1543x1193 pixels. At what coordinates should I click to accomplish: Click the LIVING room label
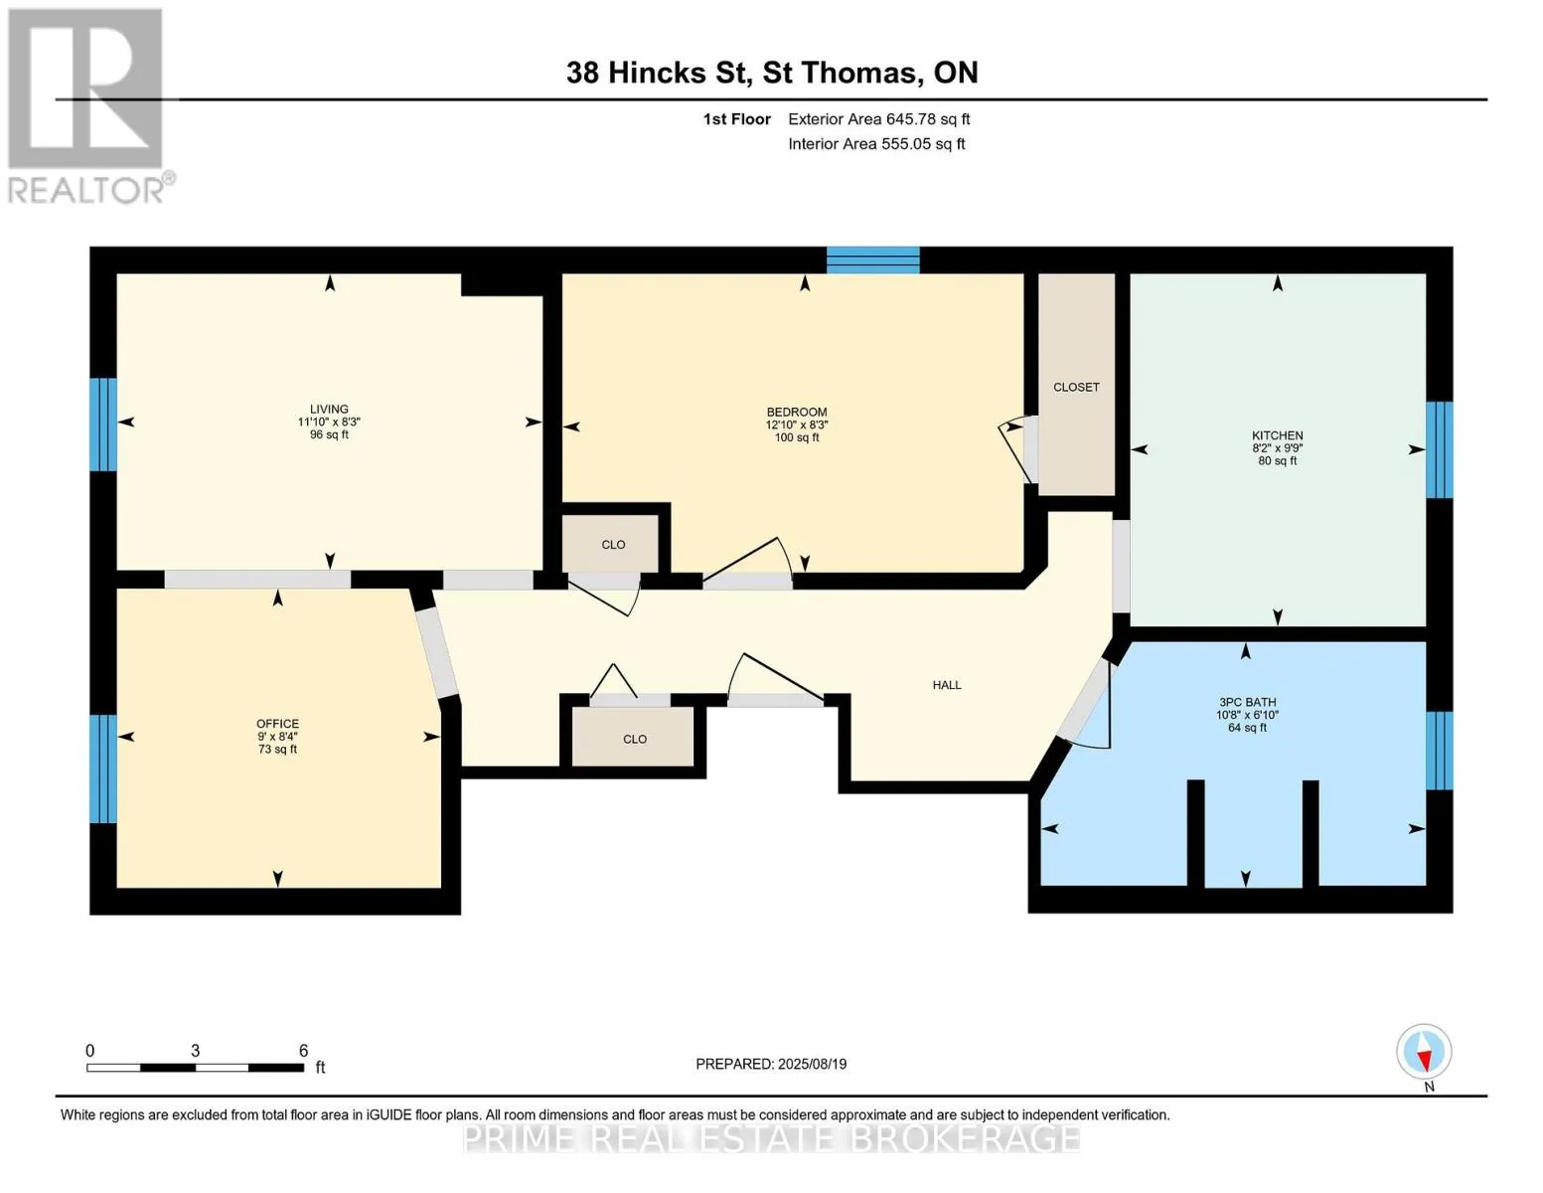click(329, 410)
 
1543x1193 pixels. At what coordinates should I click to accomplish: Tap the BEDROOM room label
click(797, 413)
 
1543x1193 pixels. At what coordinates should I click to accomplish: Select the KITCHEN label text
click(1278, 435)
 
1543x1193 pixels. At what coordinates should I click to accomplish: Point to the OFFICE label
click(277, 724)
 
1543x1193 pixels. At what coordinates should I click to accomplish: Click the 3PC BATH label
click(1248, 702)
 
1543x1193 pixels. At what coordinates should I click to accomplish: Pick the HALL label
click(947, 685)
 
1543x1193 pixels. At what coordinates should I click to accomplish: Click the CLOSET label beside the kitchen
click(1076, 388)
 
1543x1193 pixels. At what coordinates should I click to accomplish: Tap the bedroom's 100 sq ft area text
click(797, 437)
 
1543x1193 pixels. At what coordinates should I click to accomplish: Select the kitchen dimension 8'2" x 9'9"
click(1278, 448)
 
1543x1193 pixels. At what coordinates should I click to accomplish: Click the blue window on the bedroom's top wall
click(873, 260)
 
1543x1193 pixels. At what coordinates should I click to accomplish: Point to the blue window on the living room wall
click(103, 425)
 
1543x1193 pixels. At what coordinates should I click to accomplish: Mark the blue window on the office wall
click(103, 768)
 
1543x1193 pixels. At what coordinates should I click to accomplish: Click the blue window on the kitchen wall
click(1440, 449)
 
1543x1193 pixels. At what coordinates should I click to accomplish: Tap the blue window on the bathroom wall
click(1440, 751)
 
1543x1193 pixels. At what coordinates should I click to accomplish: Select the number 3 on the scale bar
click(196, 1050)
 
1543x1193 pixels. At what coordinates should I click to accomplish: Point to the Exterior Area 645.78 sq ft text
click(879, 119)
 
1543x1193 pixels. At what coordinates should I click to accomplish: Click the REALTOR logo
click(88, 106)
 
